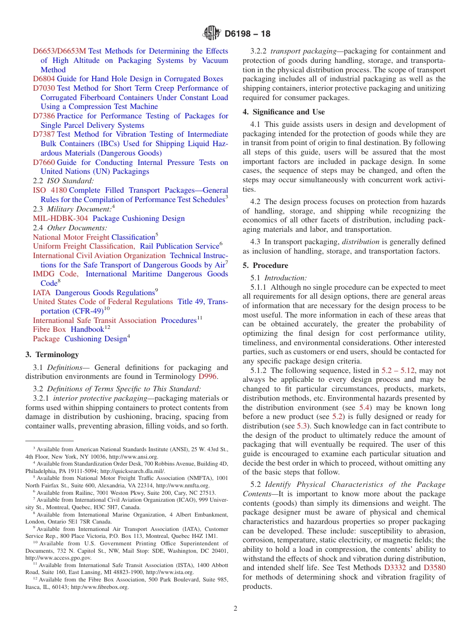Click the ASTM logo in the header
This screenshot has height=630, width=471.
pyautogui.click(x=212, y=34)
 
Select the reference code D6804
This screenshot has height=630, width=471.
pyautogui.click(x=44, y=79)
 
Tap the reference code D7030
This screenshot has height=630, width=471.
pyautogui.click(x=44, y=88)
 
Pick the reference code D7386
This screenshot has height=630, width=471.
pyautogui.click(x=44, y=116)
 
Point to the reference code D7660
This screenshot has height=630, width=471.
pyautogui.click(x=44, y=162)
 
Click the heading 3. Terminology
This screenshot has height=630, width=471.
pyautogui.click(x=52, y=355)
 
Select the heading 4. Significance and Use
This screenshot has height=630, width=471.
pyautogui.click(x=284, y=112)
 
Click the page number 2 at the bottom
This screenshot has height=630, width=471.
pyautogui.click(x=235, y=609)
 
